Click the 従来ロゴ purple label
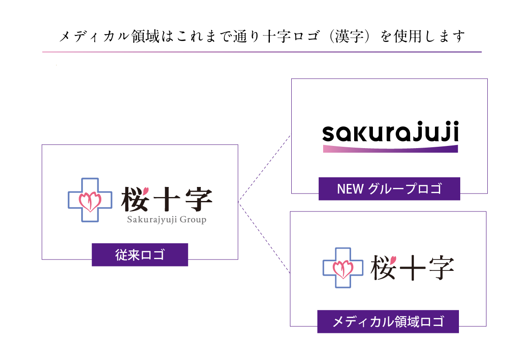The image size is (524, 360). (x=140, y=255)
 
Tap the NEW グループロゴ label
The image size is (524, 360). (x=389, y=189)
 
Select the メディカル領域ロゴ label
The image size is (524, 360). (x=388, y=322)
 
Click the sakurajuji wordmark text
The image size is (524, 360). (x=390, y=133)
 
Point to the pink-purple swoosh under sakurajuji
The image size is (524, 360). (x=390, y=149)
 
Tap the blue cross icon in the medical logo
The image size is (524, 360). (x=343, y=268)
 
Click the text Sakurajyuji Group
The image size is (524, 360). (x=166, y=220)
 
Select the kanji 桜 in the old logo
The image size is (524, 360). (x=135, y=200)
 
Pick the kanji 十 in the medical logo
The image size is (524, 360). (x=411, y=268)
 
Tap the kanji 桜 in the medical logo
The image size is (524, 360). (x=383, y=267)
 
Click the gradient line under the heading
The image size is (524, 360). (x=262, y=52)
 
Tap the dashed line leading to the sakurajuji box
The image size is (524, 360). (x=264, y=169)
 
